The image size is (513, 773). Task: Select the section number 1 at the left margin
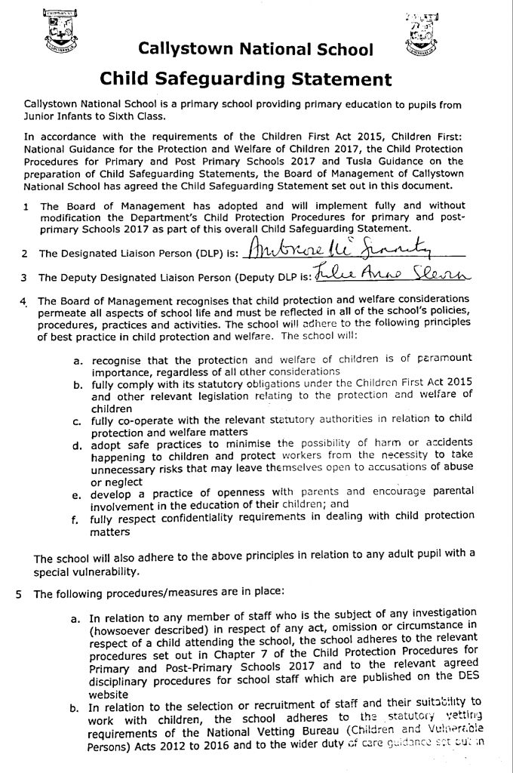coord(27,206)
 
